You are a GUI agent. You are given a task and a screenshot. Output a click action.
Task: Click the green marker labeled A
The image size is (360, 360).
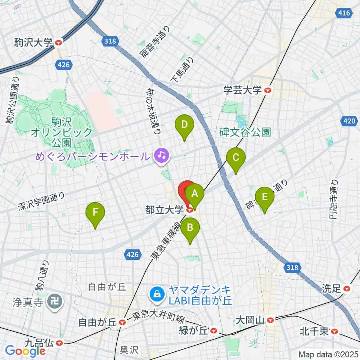[x=195, y=194]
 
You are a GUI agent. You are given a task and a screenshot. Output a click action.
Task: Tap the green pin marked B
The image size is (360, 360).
[x=190, y=228]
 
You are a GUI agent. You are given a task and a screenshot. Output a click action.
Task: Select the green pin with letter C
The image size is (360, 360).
[x=236, y=158]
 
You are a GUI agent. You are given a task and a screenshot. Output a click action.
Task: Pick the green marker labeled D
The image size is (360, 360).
[x=184, y=124]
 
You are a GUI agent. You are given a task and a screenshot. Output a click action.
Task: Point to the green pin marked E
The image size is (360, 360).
[x=265, y=197]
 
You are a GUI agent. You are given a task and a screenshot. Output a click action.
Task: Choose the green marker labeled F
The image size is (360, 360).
[x=95, y=213]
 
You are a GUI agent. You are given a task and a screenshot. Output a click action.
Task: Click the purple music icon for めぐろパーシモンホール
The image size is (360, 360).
[x=162, y=154]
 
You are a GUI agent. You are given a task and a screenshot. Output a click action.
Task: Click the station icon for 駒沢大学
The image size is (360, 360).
[x=58, y=43]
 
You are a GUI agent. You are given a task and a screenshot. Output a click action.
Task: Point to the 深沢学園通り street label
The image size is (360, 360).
[x=41, y=201]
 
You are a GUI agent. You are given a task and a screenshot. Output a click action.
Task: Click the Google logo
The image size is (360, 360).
[x=25, y=351]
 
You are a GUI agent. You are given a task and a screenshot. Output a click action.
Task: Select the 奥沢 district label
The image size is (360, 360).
[x=129, y=350]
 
